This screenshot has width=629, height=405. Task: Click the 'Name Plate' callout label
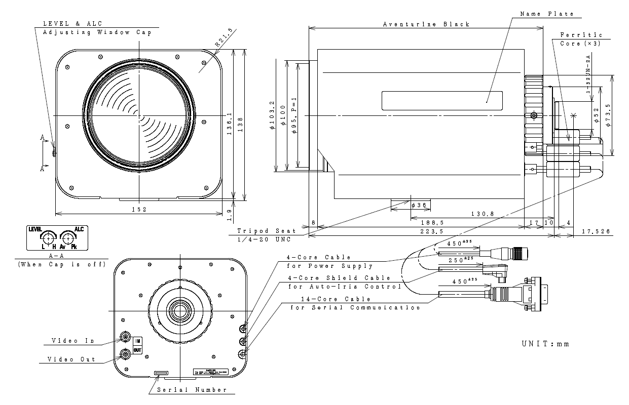pos(547,14)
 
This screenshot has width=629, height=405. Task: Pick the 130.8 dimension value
pos(482,214)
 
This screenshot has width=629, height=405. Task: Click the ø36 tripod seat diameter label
pos(421,205)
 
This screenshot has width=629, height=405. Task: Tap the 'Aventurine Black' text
pos(426,24)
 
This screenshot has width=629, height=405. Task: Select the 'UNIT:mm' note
pos(545,344)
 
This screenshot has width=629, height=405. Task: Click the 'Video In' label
pos(73,340)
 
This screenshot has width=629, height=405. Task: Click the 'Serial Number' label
pos(192,390)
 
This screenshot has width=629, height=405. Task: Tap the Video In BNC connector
pos(125,337)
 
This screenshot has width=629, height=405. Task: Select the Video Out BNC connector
pos(125,354)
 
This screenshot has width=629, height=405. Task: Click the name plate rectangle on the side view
pos(441,100)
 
